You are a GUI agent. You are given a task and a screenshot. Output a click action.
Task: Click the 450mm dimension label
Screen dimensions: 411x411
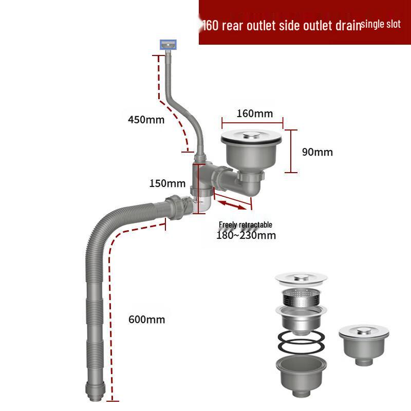coord(146,120)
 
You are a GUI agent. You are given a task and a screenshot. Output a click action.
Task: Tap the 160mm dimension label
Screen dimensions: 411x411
coord(254,114)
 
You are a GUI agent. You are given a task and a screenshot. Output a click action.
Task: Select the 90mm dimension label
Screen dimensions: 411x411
coord(317,152)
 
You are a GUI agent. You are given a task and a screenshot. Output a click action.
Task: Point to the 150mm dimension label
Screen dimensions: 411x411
coord(167,183)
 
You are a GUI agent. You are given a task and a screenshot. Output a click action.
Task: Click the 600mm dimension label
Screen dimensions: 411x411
coord(146,320)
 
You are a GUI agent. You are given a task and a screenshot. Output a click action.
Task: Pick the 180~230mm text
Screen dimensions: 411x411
coord(246,236)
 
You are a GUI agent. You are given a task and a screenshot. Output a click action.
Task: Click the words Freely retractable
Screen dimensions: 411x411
coord(246,225)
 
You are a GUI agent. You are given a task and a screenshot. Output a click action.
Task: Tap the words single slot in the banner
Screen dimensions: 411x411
coord(381,24)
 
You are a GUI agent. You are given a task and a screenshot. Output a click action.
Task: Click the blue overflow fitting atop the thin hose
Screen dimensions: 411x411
coord(168,45)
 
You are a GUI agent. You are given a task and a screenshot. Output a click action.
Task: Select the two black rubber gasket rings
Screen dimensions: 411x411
coord(301,341)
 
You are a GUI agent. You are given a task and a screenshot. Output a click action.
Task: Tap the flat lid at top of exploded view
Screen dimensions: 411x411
coord(301,278)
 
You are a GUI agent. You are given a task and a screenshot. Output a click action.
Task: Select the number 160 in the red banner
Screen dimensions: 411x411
coord(212,25)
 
